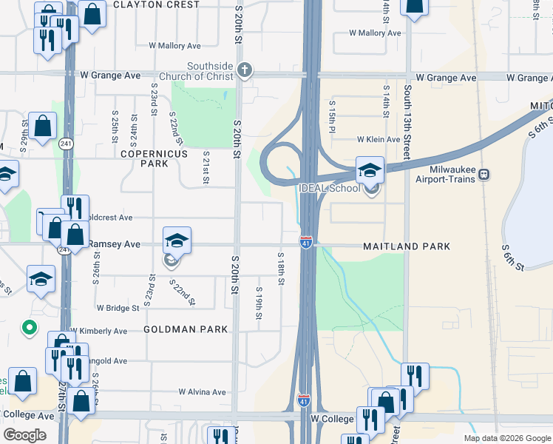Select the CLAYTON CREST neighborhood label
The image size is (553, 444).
coord(157,4)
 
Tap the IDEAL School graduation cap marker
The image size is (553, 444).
coord(370,170)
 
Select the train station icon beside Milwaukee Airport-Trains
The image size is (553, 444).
coord(484,174)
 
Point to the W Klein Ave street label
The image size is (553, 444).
coord(378,139)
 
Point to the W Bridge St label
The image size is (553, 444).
coord(118,308)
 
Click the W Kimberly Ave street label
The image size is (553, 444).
coord(98,331)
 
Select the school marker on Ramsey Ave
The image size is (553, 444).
coord(177,241)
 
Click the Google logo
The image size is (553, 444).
coord(25,435)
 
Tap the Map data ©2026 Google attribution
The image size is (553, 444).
coord(506,438)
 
